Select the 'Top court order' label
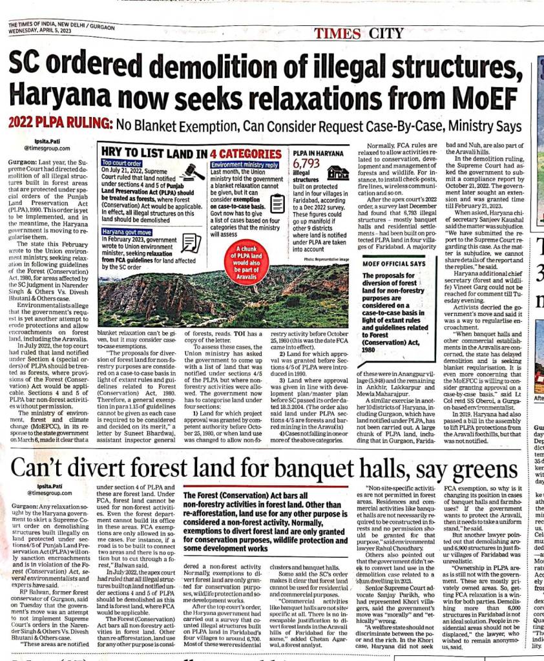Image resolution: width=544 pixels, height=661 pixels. [122, 164]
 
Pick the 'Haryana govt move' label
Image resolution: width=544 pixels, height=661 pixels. [127, 231]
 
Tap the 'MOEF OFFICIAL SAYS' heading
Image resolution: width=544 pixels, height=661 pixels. [393, 264]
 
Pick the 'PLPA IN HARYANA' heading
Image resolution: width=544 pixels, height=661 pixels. [319, 154]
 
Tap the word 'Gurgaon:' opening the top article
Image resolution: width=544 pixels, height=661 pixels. [25, 159]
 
